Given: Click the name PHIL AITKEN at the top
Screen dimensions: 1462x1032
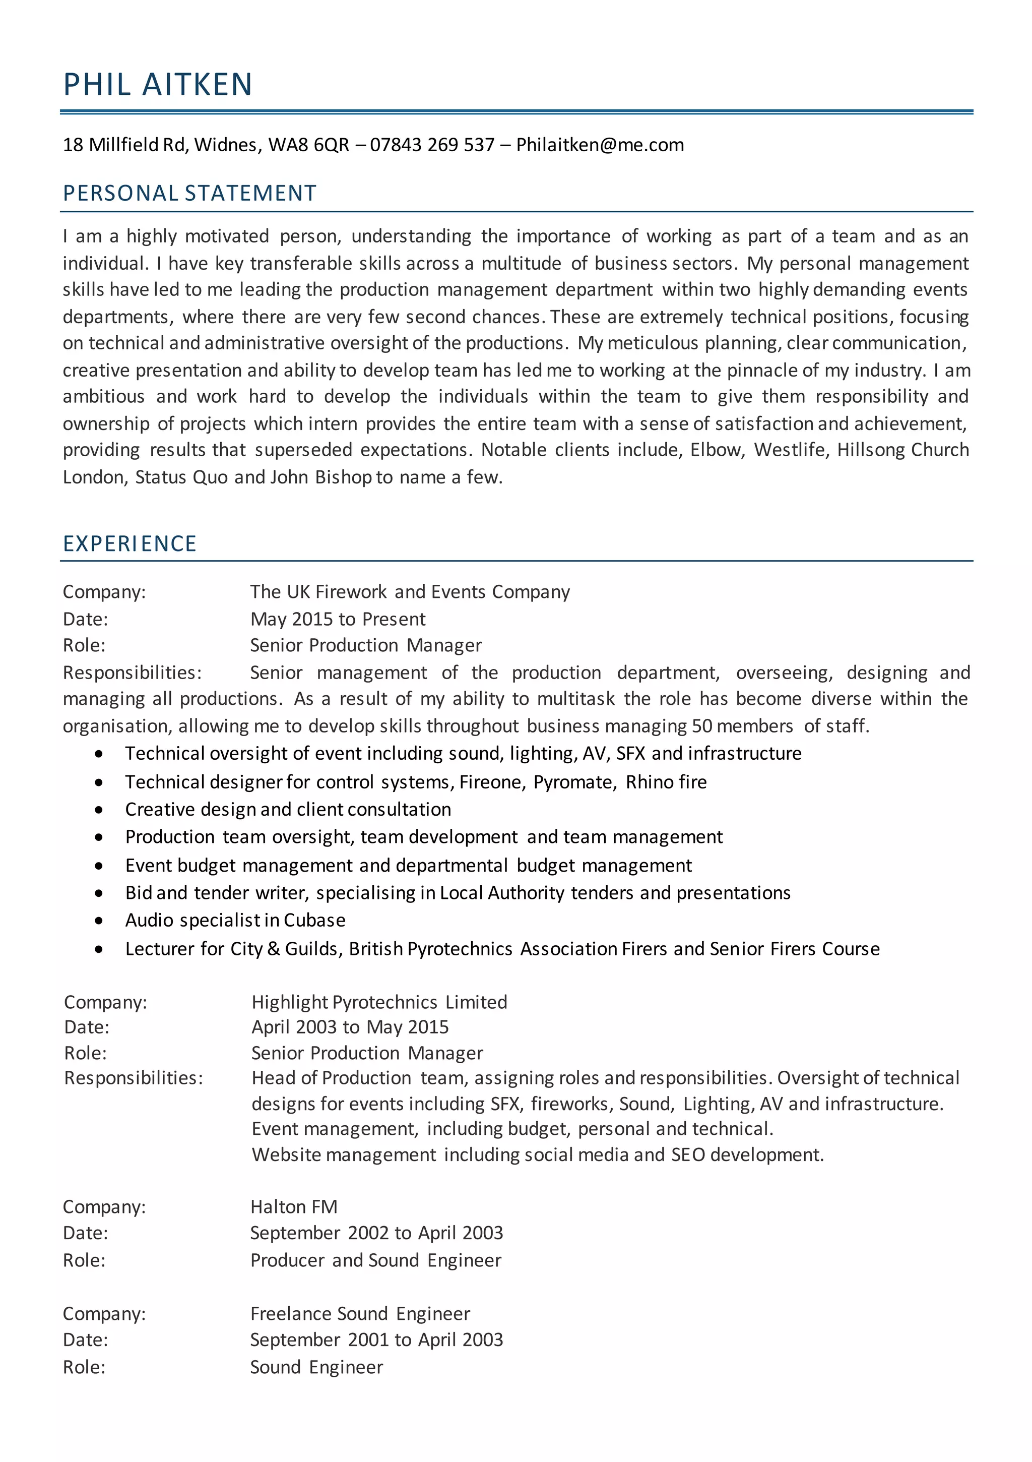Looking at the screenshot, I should (x=158, y=84).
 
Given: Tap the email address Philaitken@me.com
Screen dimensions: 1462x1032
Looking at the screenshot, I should (x=600, y=145).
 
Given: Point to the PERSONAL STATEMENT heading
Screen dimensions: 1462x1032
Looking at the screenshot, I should (x=189, y=193).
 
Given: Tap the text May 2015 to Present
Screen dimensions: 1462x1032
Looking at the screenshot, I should (x=338, y=619).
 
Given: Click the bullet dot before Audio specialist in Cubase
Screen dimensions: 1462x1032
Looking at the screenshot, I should (x=99, y=921).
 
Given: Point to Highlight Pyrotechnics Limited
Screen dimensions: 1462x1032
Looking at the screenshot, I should (x=379, y=1002).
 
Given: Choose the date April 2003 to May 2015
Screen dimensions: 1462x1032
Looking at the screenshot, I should (x=350, y=1027).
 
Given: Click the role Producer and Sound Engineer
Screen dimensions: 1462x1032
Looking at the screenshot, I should (x=375, y=1260).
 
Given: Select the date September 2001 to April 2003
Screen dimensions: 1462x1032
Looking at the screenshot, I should (x=376, y=1339).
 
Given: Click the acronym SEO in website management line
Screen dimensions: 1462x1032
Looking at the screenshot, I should (x=687, y=1154).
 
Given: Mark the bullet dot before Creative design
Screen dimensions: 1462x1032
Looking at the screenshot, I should (x=99, y=810).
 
